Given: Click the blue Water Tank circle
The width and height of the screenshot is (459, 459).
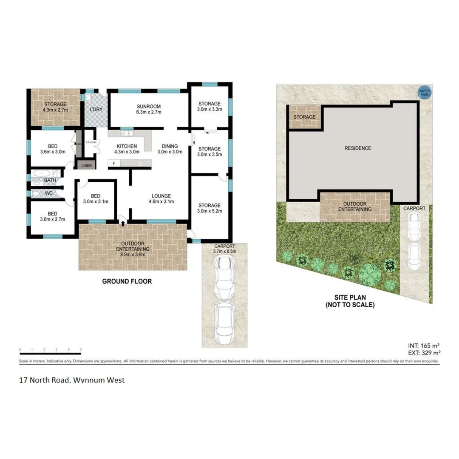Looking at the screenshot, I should point(424,92).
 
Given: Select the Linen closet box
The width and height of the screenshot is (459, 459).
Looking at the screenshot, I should point(86,165).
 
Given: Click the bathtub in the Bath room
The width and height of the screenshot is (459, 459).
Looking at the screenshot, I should point(40,173).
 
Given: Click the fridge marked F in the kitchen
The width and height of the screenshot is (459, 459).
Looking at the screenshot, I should point(114,163).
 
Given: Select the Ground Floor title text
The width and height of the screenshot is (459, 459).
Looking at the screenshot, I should point(126,281).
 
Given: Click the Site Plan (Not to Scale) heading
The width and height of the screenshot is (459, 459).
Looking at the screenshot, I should point(350,301).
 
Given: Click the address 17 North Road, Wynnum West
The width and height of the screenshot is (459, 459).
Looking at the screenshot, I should point(72,380).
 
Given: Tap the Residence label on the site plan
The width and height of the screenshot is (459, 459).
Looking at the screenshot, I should point(357,148).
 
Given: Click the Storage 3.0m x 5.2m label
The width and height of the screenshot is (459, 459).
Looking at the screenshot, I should point(210,208).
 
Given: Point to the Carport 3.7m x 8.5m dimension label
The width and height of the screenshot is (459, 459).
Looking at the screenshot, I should point(224,248).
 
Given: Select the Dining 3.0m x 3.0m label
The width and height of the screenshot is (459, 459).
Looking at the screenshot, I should point(170,149).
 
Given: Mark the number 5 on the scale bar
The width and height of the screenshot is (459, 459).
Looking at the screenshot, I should point(81,349).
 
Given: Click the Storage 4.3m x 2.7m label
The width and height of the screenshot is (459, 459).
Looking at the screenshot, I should point(56,107).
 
